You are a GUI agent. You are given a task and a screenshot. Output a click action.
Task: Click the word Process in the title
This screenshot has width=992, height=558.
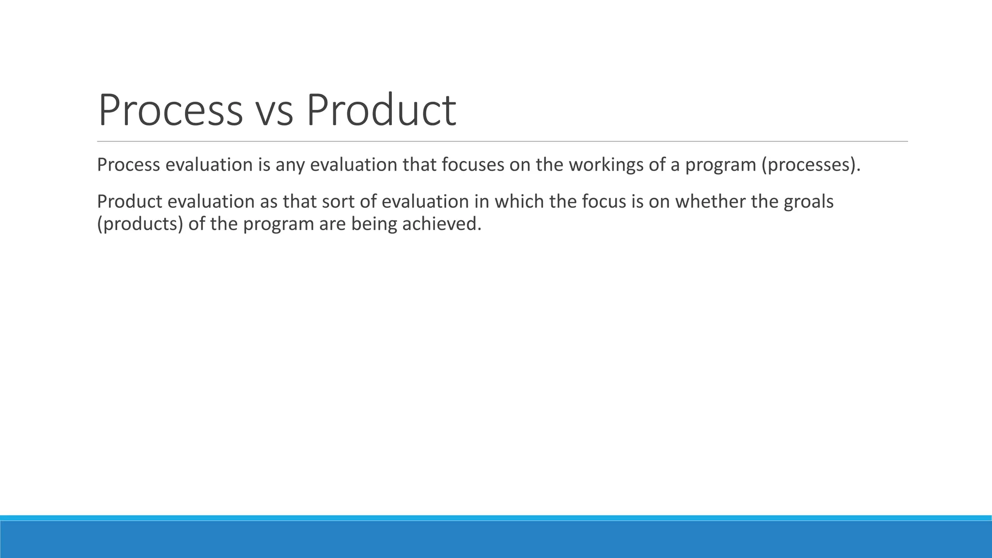tap(170, 110)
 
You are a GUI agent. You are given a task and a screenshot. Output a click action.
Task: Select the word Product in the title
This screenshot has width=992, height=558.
tap(381, 110)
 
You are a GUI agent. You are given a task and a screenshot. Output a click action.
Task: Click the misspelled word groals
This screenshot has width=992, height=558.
tap(808, 202)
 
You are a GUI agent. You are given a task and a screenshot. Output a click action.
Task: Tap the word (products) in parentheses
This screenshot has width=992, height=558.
tap(140, 224)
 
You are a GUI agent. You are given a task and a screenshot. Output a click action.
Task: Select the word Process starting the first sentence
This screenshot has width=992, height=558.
tap(129, 165)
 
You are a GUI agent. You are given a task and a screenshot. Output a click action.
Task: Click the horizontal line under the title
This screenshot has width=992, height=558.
tap(502, 141)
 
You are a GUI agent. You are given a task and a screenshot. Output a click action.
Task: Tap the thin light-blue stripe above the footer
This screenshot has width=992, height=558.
tap(496, 518)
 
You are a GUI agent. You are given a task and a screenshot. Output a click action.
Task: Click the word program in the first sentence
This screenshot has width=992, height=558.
tap(721, 165)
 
